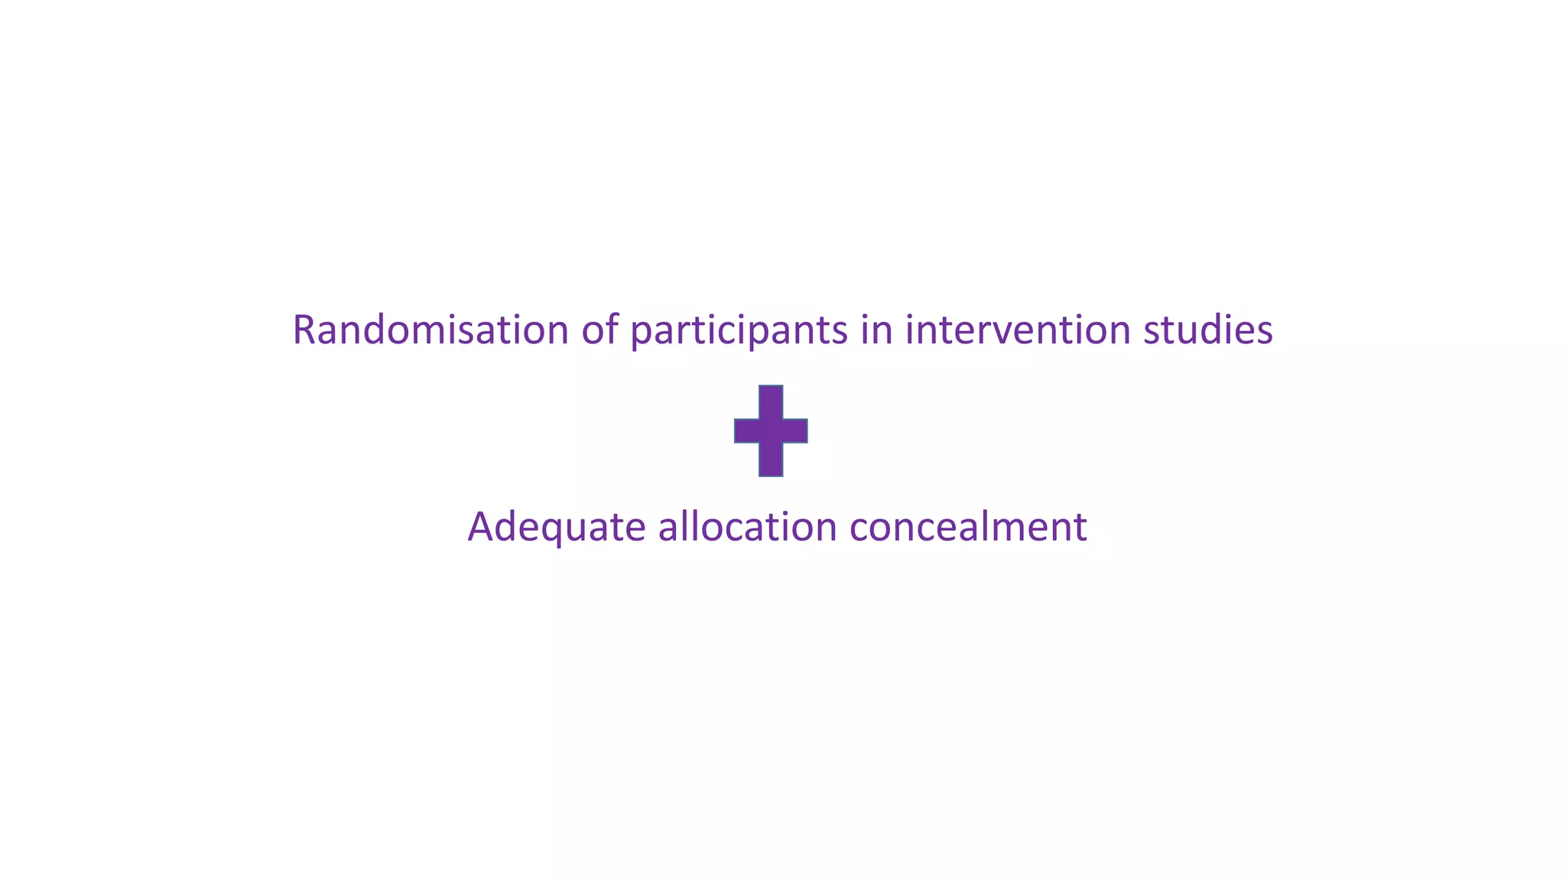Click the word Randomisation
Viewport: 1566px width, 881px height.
(x=430, y=330)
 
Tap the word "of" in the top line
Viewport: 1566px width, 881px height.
(x=599, y=330)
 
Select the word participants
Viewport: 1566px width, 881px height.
(x=739, y=331)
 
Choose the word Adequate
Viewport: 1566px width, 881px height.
(x=557, y=527)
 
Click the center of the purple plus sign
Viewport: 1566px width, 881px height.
(x=771, y=431)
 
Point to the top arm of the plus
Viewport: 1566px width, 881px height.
(x=771, y=401)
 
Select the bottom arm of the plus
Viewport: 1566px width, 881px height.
(x=771, y=460)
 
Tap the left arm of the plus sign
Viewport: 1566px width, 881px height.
(x=746, y=431)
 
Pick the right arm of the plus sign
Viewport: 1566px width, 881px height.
(x=796, y=431)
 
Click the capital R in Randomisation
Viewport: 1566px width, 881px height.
(x=305, y=330)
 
